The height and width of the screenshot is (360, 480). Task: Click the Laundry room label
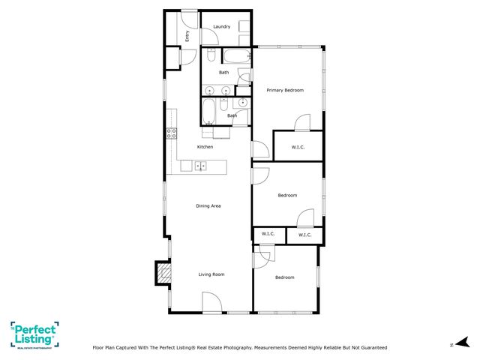221,27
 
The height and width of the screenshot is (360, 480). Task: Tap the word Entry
188,34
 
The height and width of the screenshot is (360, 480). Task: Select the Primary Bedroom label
285,90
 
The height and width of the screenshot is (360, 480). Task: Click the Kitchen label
205,147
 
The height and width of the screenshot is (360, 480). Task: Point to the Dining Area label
208,205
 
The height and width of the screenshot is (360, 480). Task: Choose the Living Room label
211,274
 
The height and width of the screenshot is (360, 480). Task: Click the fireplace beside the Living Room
162,273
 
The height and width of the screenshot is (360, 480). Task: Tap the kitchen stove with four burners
171,134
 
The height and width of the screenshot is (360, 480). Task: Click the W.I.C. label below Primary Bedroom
298,147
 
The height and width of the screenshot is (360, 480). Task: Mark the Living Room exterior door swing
211,302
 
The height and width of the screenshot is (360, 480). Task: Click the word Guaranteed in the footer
370,348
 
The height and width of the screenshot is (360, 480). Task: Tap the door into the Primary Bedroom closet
301,123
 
